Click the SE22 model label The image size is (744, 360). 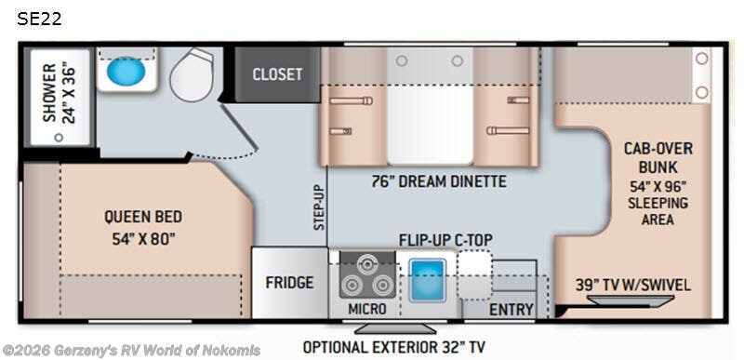coord(39,19)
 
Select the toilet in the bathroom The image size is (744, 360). coord(193,74)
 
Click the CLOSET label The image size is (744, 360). coord(277,74)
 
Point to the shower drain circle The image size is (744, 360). coord(59,138)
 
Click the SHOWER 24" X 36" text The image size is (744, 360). coord(59,93)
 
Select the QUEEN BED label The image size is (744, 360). coord(143,217)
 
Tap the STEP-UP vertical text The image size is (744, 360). coord(319,207)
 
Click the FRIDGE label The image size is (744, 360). coord(289,283)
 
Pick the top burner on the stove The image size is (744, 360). coord(366,261)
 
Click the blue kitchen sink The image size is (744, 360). coord(428,279)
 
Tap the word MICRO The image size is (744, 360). coord(367,309)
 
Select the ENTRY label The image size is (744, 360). coord(511,310)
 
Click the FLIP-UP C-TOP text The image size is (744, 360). coord(445,241)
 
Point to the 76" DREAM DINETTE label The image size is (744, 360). coord(439,181)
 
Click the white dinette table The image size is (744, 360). coord(431,125)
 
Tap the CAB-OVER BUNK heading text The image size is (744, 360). coord(658,157)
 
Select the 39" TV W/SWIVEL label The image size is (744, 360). coord(633,285)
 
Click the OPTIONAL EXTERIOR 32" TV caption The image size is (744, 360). coord(394,347)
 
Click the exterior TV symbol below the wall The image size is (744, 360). coord(395,328)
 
